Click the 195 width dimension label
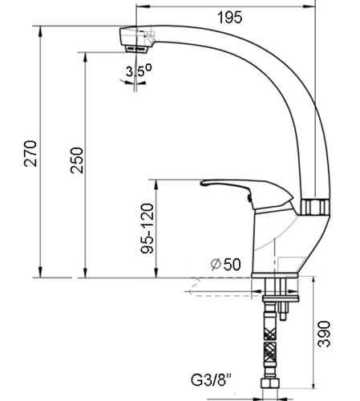pos(230,18)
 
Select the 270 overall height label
pos(30,153)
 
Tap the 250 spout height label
pos(77,160)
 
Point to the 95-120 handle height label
pos(148,229)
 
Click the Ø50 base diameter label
pos(226,264)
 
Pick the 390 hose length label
pos(324,334)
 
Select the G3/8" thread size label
pos(211,380)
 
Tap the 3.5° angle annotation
pos(139,71)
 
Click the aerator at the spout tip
pos(136,49)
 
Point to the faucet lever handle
pos(247,195)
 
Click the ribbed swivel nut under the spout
pos(314,207)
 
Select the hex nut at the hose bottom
pos(270,383)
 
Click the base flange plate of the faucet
pos(274,275)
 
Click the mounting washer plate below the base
pos(281,298)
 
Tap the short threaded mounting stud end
pos(283,316)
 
